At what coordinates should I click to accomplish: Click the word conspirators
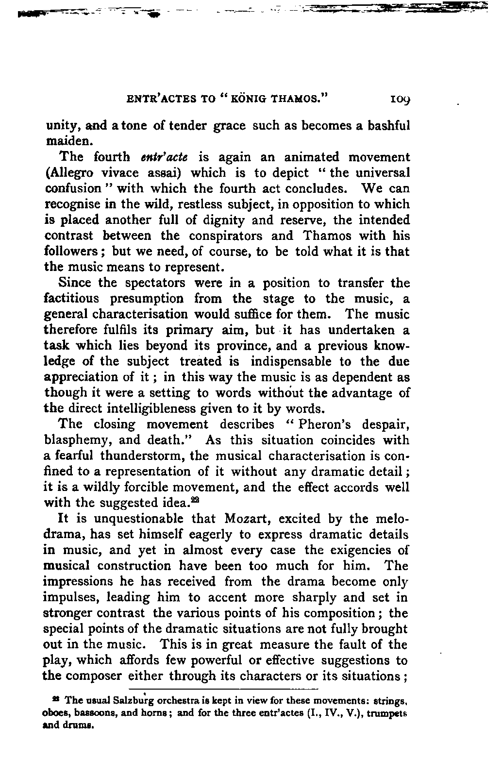point(227,236)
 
